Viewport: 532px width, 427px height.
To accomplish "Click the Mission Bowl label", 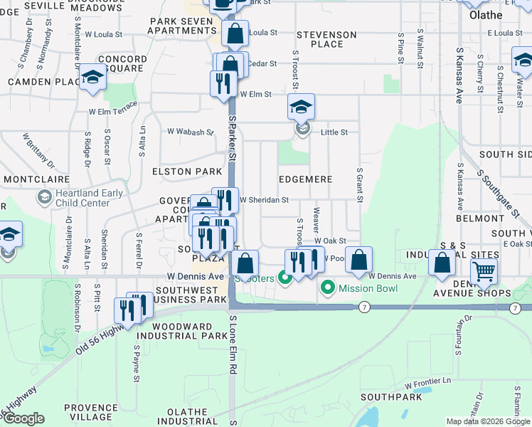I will pos(362,288).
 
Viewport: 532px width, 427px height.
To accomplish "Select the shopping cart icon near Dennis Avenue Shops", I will pos(484,270).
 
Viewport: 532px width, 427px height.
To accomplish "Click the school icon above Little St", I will pos(301,107).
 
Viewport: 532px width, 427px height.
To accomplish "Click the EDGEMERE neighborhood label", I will pos(305,179).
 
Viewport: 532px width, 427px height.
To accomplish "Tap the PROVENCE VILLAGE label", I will pos(90,413).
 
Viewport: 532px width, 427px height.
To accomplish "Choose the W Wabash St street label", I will pos(190,132).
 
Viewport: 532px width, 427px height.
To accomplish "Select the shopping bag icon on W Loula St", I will pos(235,33).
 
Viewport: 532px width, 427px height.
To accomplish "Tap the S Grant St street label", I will pos(360,185).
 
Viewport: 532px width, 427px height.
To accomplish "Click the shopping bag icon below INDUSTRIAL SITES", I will pos(442,263).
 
